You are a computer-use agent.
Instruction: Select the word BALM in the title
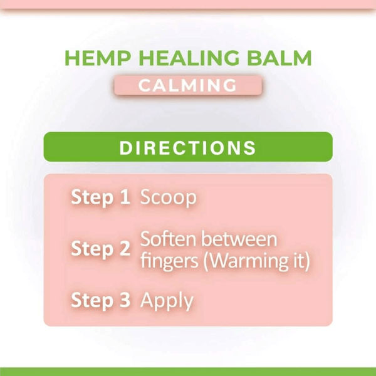tap(280, 58)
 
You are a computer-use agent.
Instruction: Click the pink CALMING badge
tap(188, 85)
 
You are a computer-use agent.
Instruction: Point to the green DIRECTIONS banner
tap(188, 148)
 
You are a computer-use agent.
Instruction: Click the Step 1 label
tap(100, 197)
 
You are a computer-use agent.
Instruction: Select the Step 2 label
tap(100, 249)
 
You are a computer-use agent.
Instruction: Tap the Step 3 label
tap(100, 300)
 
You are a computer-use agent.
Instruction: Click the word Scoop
tap(168, 198)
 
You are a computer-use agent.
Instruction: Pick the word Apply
tap(167, 301)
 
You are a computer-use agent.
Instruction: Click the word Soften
tap(165, 239)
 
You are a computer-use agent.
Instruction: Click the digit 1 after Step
tap(124, 197)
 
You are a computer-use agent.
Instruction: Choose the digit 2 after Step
tap(124, 249)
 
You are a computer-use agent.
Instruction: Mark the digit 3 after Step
tap(124, 300)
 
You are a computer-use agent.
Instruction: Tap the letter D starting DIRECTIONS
tap(126, 148)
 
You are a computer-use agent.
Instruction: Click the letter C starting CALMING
tap(144, 85)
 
